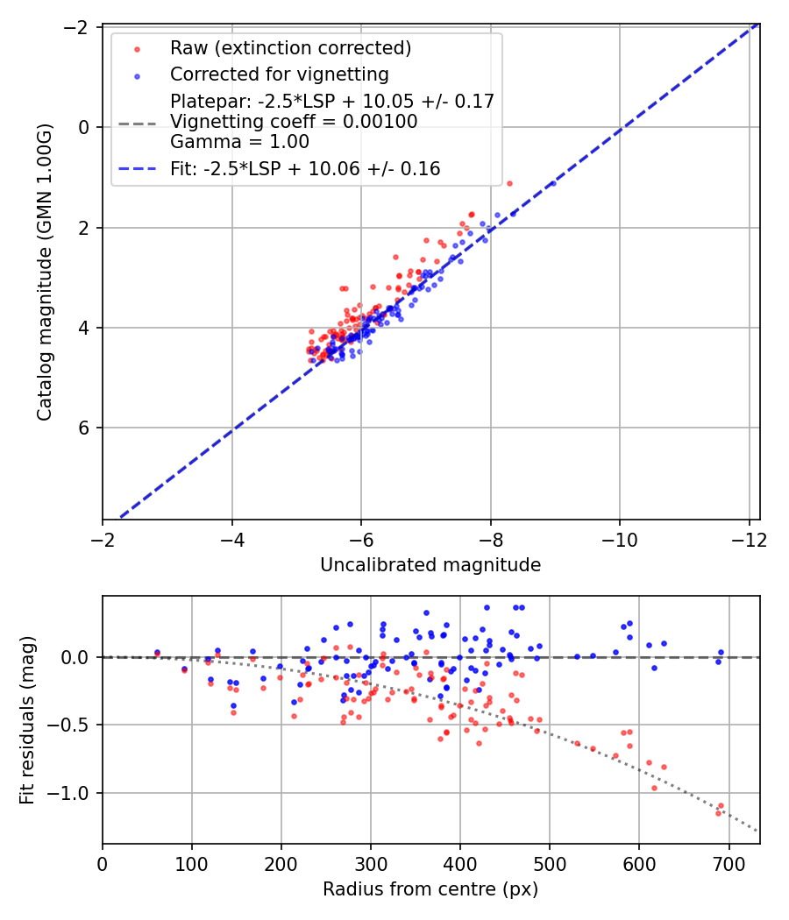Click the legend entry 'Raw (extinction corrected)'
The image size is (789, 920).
pos(290,47)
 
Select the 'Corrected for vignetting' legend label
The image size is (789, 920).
pos(279,74)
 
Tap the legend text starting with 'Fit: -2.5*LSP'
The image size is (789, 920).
pos(305,169)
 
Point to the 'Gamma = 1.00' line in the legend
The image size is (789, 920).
pos(239,142)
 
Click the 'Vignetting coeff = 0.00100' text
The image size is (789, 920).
pos(294,122)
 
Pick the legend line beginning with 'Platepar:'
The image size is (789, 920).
pos(332,101)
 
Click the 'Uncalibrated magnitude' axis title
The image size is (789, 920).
pos(430,565)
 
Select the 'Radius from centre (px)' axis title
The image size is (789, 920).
pos(430,889)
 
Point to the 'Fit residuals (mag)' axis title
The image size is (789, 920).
pos(28,720)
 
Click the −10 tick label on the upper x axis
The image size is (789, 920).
pos(619,540)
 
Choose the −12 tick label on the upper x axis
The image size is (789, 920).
pos(748,540)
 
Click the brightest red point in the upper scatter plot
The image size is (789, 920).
pos(509,183)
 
